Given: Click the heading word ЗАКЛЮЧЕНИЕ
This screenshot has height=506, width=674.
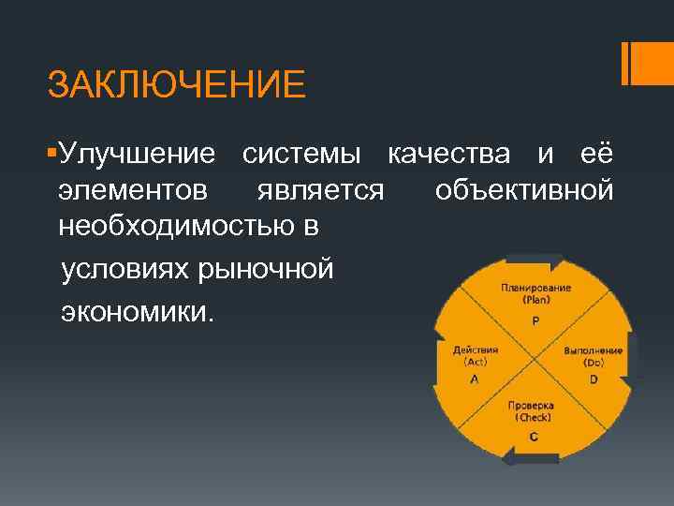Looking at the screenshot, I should tap(177, 85).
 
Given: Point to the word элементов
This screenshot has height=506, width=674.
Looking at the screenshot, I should tap(133, 190).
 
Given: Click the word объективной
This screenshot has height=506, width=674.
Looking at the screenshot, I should tap(524, 190).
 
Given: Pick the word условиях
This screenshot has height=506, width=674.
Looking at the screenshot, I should tap(125, 270).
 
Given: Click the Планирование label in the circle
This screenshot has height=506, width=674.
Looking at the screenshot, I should tap(536, 288).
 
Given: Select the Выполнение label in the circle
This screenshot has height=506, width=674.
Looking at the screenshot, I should tap(593, 350).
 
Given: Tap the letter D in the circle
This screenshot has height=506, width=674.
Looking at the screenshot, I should tap(593, 379).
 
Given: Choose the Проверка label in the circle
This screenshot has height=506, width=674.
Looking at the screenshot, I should tap(531, 407).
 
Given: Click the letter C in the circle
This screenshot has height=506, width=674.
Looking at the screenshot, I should tap(533, 436).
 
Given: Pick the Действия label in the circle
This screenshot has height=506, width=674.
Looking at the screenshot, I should tap(476, 350).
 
